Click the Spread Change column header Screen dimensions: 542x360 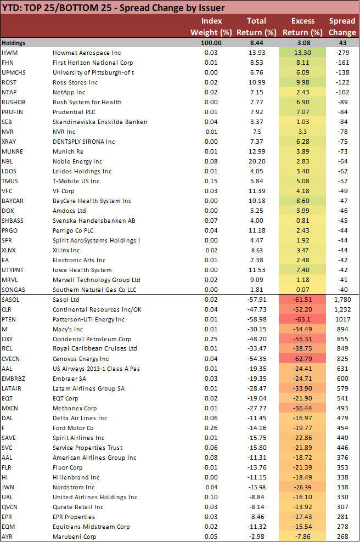click(x=342, y=26)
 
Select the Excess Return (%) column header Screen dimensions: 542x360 click(x=303, y=26)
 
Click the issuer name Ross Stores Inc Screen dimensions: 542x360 click(x=76, y=82)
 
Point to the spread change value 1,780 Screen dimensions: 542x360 click(x=342, y=300)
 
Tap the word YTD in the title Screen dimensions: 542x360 click(x=12, y=8)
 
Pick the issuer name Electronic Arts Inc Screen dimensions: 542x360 click(x=79, y=260)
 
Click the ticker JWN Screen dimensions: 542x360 click(x=8, y=487)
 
